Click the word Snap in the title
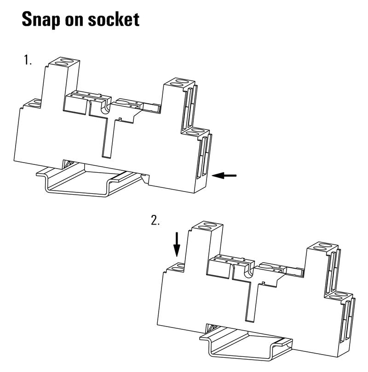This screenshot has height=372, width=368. pos(40,20)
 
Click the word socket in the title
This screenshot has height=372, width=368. pos(114,19)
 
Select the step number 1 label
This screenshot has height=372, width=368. pos(28,60)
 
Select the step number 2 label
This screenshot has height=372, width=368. pos(155,220)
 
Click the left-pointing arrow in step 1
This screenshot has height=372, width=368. pos(224,175)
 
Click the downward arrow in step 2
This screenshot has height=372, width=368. pos(177,244)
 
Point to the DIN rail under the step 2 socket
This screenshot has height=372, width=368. pos(247,343)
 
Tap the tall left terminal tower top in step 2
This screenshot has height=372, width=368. pos(207,225)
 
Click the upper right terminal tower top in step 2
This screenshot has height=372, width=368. pos(322,247)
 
